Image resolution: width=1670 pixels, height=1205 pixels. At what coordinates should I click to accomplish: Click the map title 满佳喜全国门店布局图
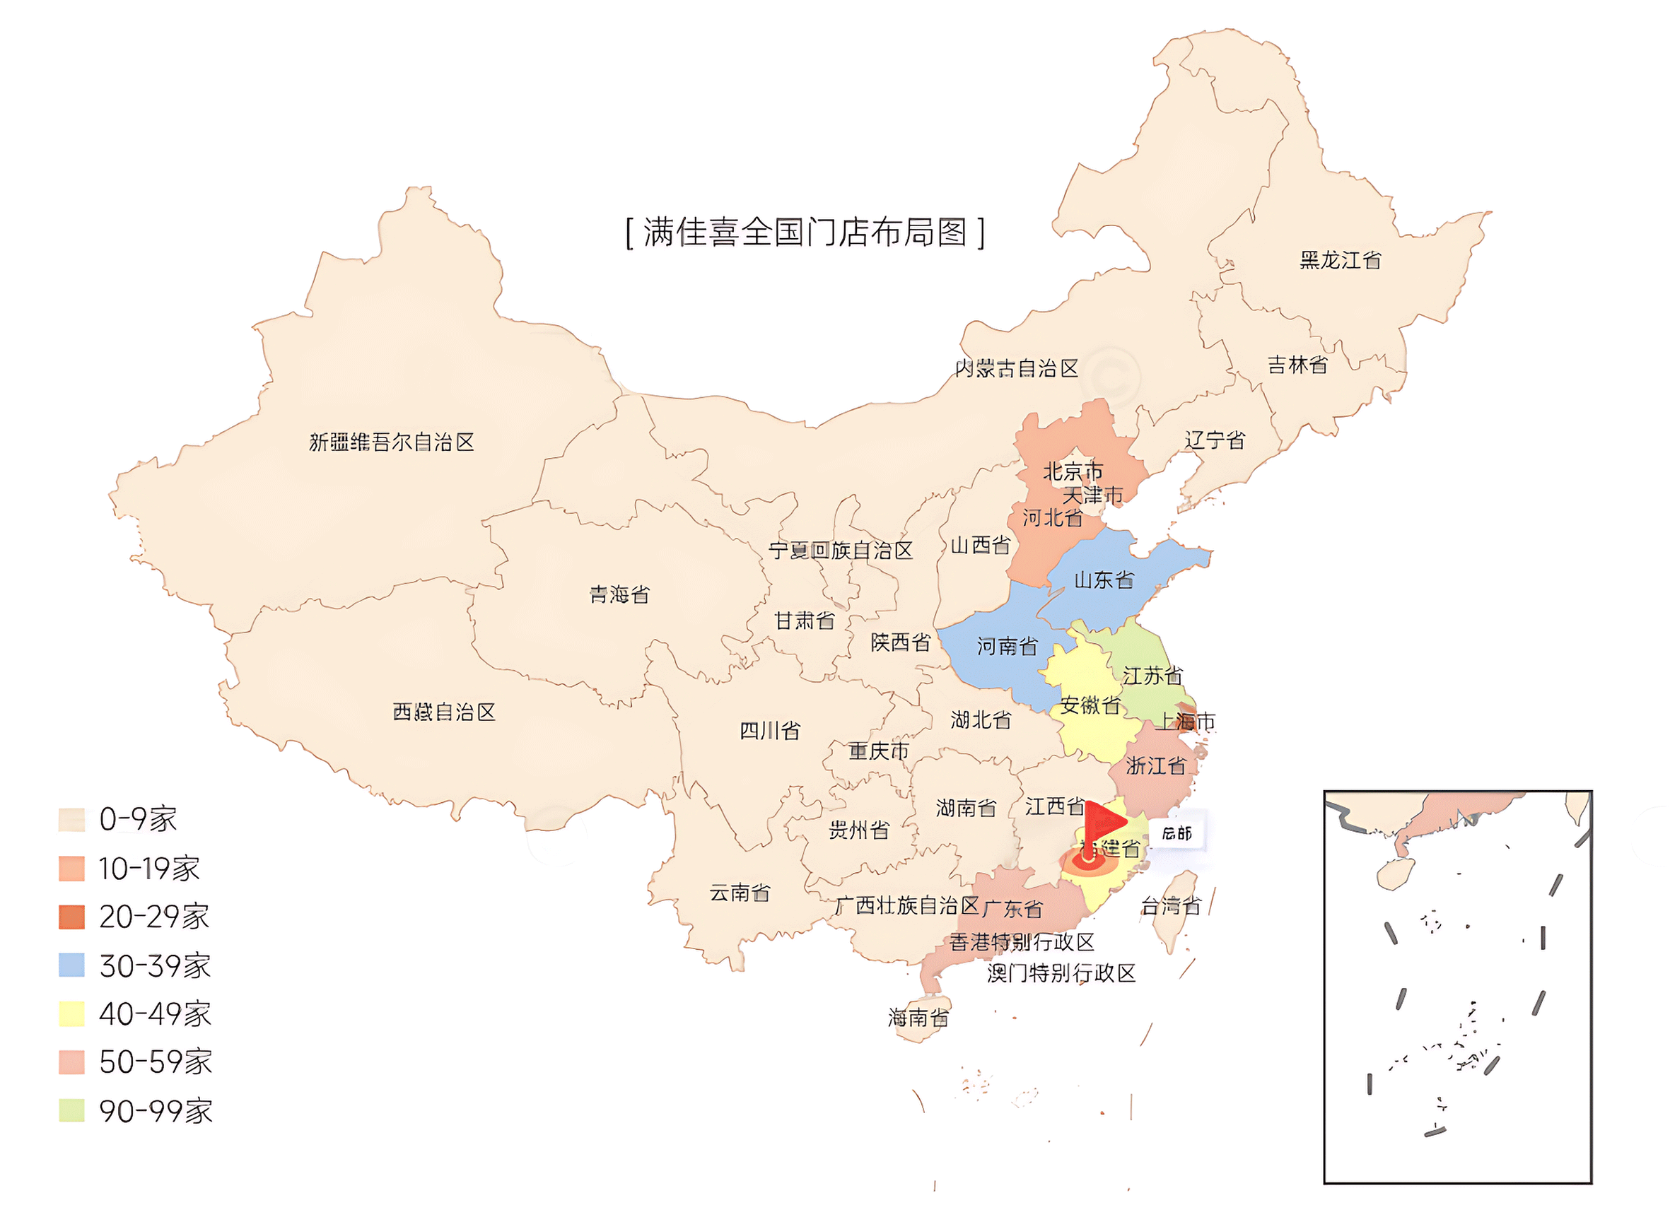[x=804, y=233]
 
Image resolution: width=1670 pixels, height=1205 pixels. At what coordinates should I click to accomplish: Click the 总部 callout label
[x=1176, y=833]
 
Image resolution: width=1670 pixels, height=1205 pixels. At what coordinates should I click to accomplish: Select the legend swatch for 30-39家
[x=71, y=965]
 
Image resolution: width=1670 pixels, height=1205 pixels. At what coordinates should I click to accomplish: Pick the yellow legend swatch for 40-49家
[x=71, y=1013]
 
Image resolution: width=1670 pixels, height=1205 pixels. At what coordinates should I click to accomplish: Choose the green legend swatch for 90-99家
[x=71, y=1110]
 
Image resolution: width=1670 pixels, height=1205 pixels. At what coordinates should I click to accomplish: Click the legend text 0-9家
[x=138, y=819]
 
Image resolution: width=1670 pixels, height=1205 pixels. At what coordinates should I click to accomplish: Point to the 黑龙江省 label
[x=1339, y=260]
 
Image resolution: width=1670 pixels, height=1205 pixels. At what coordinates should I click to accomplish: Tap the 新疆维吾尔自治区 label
[x=391, y=442]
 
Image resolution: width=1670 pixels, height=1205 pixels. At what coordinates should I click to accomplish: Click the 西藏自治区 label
[x=443, y=712]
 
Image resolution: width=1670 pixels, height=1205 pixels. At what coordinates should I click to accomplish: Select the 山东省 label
[x=1103, y=580]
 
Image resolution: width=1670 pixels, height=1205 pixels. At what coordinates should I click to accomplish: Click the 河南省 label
[x=1007, y=646]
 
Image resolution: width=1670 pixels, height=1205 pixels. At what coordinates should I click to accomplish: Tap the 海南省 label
[x=918, y=1018]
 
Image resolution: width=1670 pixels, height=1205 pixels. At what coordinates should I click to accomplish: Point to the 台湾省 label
[x=1170, y=905]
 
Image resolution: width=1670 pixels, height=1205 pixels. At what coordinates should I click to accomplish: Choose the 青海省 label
[x=619, y=594]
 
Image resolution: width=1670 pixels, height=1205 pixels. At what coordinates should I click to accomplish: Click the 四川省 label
[x=769, y=731]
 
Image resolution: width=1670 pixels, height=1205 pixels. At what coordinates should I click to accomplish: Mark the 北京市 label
[x=1073, y=471]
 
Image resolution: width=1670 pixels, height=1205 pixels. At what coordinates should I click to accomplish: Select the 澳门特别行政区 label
[x=1061, y=973]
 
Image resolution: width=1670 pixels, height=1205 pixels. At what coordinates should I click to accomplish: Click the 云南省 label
[x=740, y=893]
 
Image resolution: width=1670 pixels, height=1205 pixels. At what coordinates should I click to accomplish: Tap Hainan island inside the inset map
[x=1394, y=873]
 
